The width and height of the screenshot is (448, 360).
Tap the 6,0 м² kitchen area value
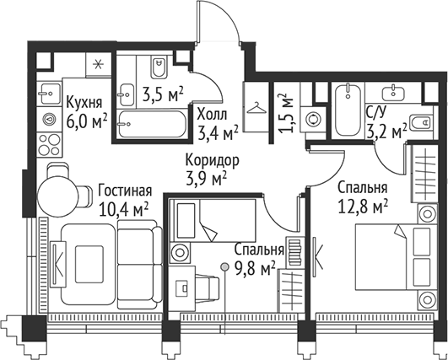pyautogui.click(x=86, y=121)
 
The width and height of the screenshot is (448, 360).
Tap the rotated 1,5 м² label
pyautogui.click(x=284, y=111)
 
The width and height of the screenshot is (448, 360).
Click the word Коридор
pyautogui.click(x=213, y=159)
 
